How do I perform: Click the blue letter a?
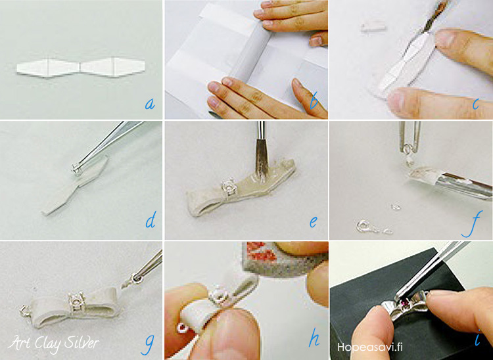(150, 103)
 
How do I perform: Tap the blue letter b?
(314, 101)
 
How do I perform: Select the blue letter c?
(476, 104)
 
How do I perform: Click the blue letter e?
(313, 223)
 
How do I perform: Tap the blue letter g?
(148, 344)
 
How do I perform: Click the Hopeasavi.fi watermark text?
(369, 347)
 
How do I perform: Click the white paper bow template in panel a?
(81, 67)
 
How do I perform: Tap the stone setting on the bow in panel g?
(76, 301)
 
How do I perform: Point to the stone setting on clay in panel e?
(229, 187)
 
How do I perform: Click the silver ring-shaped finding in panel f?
(365, 227)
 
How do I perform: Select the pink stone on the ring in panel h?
(182, 328)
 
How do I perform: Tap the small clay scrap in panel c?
(373, 26)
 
